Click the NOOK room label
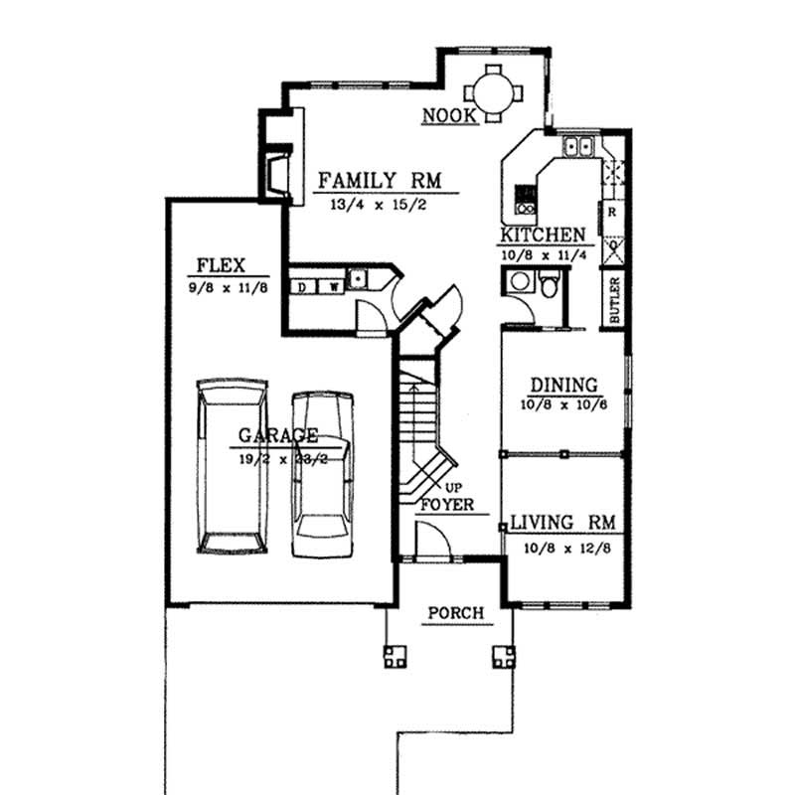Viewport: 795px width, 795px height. pyautogui.click(x=450, y=115)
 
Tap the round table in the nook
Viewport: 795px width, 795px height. pyautogui.click(x=493, y=94)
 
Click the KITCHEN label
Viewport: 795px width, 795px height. pyautogui.click(x=542, y=236)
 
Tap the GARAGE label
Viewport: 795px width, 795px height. pyautogui.click(x=277, y=435)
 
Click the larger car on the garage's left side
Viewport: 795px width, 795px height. pyautogui.click(x=232, y=464)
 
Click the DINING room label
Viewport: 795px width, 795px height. pyautogui.click(x=562, y=385)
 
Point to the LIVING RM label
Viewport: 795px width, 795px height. pyautogui.click(x=562, y=523)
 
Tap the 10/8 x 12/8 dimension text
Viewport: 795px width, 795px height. pyautogui.click(x=562, y=546)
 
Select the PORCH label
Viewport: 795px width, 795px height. pyautogui.click(x=455, y=613)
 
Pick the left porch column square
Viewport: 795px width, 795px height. pyautogui.click(x=396, y=656)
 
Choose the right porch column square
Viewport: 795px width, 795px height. pyautogui.click(x=504, y=656)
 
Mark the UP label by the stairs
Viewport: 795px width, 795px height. pyautogui.click(x=454, y=487)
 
